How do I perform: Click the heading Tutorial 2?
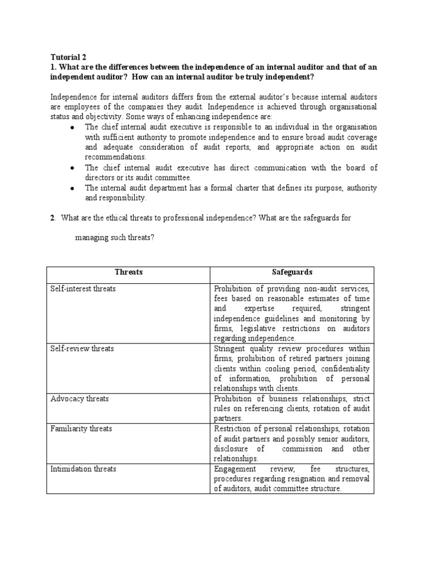68,57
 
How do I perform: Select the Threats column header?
128,272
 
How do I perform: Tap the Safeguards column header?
292,272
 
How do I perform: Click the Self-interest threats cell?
83,289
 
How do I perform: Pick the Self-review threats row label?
82,348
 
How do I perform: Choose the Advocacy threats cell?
80,399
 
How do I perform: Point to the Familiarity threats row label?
81,429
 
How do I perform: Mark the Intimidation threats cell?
84,469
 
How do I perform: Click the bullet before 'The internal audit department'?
72,189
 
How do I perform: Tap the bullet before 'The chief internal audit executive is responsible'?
72,127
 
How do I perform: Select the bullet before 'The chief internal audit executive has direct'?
72,168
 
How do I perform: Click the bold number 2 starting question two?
52,218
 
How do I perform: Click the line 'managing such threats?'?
114,238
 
